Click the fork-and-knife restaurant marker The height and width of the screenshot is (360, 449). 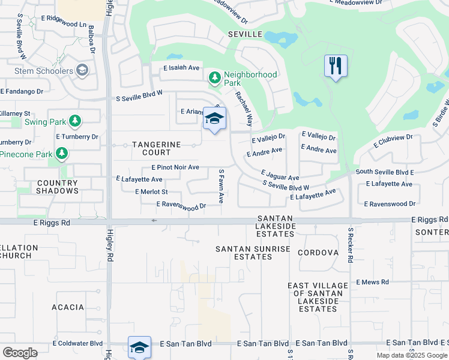(336, 65)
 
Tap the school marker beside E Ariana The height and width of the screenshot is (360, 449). (214, 118)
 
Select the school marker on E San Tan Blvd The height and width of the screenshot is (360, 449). (139, 347)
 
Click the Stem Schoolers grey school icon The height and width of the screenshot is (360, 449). (82, 71)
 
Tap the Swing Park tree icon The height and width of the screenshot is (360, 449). (74, 122)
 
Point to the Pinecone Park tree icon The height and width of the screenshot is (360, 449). (61, 154)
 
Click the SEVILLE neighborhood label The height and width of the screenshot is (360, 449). (245, 34)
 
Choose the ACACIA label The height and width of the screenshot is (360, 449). (68, 307)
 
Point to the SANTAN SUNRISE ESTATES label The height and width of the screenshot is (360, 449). (253, 253)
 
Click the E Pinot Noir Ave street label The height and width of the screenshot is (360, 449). (175, 167)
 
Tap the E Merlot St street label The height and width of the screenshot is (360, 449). (152, 192)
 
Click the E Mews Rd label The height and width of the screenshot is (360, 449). (372, 282)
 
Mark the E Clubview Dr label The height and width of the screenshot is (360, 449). (393, 141)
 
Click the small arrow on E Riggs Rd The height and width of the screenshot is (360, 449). (154, 221)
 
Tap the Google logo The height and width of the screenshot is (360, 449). (20, 353)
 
